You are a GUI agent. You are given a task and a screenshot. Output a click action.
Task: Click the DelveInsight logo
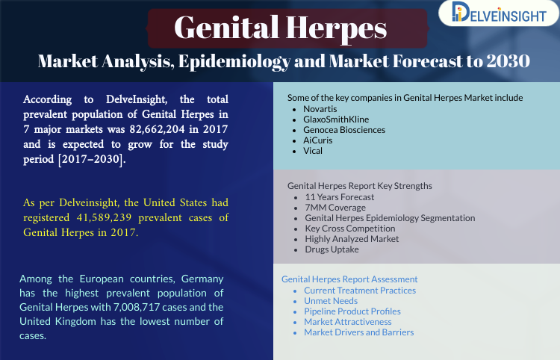(x=499, y=13)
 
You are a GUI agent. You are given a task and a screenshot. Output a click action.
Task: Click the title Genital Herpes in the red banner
(x=280, y=28)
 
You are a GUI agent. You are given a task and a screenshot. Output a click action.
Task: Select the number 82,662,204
(x=157, y=129)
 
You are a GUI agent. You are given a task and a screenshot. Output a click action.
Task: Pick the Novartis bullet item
(x=320, y=109)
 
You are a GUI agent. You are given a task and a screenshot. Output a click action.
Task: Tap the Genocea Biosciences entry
(x=344, y=130)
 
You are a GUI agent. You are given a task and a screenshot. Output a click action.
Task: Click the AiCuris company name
(x=318, y=140)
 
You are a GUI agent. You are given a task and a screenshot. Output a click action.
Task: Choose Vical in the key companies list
(x=313, y=151)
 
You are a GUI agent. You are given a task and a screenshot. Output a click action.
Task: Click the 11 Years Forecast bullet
(x=339, y=197)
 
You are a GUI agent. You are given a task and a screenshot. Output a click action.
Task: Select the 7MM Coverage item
(x=335, y=208)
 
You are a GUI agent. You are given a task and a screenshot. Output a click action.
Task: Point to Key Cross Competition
(x=350, y=229)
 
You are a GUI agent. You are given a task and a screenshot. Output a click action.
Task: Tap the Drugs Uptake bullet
(x=332, y=249)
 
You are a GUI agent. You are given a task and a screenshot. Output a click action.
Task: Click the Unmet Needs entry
(x=331, y=301)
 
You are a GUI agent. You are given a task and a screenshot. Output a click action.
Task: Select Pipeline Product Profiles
(x=352, y=311)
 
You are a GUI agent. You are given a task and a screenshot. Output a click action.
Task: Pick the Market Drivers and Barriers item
(x=359, y=332)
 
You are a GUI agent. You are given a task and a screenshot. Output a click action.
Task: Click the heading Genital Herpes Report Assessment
(x=349, y=279)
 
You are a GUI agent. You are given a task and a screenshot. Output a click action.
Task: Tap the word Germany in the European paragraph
(x=202, y=279)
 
